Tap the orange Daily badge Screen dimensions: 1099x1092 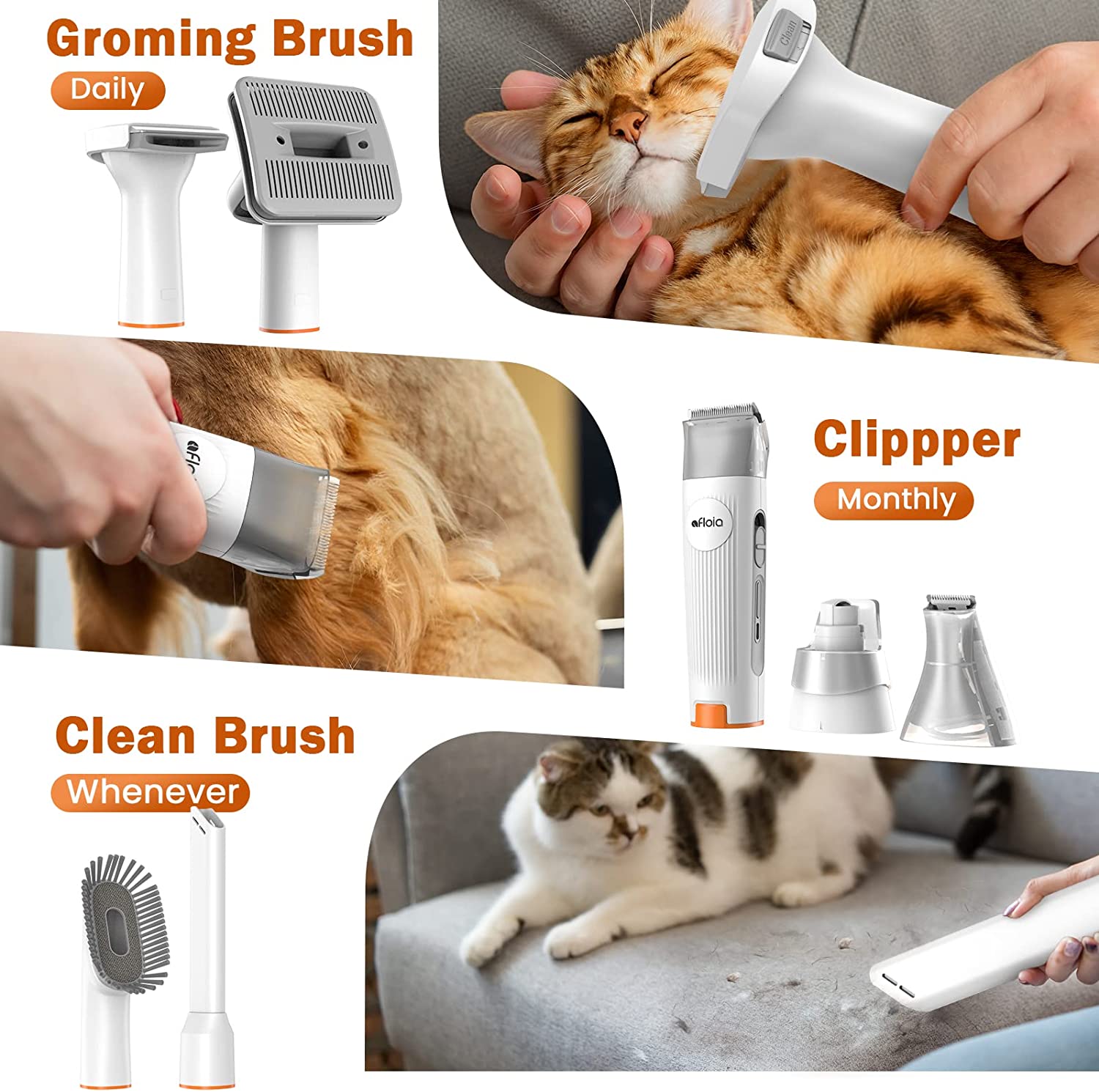point(108,90)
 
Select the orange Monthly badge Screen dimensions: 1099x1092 point(894,501)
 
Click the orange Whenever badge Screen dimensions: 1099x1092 point(151,792)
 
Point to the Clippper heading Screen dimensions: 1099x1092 point(917,440)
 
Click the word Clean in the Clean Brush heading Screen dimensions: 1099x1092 point(125,735)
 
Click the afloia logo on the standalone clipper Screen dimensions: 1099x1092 point(708,522)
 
